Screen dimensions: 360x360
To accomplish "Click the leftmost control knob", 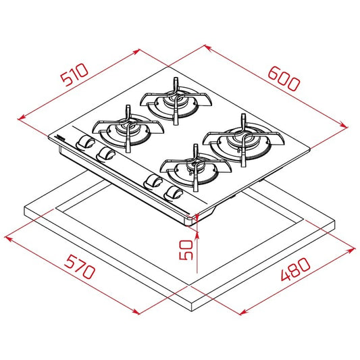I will pos(85,143).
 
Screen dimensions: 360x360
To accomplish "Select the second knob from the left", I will pos(105,155).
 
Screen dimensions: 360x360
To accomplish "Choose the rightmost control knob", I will pos(174,194).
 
